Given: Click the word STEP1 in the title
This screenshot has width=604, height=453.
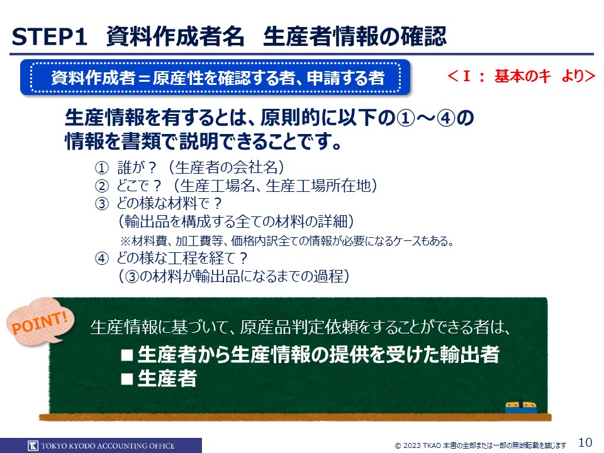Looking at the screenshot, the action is (49, 37).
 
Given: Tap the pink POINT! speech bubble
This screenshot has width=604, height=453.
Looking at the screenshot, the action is (40, 322).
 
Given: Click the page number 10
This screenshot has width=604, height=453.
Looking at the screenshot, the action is (585, 442).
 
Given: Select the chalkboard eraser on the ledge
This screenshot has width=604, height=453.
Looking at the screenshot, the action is (521, 407).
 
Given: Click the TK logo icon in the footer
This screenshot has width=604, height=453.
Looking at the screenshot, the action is (33, 445).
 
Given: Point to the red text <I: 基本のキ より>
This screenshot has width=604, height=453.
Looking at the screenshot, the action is (521, 76).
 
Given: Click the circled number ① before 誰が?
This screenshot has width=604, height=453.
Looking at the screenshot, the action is (102, 167).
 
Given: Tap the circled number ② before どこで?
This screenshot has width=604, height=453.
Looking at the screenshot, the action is (102, 186).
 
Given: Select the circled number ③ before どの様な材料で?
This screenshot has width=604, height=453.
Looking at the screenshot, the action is (102, 203).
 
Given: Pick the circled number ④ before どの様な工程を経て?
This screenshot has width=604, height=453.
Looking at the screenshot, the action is (102, 258).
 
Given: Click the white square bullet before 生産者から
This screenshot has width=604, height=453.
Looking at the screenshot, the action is (127, 355).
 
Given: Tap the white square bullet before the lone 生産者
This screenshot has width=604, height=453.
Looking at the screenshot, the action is (127, 379).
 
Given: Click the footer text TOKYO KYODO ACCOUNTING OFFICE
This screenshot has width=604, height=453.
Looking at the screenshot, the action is (108, 445).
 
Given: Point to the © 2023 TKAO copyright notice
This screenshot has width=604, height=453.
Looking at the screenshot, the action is (481, 445).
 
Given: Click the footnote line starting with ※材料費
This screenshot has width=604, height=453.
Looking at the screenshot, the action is (287, 241).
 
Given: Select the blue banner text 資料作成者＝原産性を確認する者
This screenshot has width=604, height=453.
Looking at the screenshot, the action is (218, 77).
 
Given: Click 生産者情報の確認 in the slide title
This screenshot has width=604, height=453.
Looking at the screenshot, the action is (354, 36).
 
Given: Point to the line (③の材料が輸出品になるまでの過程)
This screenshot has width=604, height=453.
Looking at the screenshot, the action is (234, 276).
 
